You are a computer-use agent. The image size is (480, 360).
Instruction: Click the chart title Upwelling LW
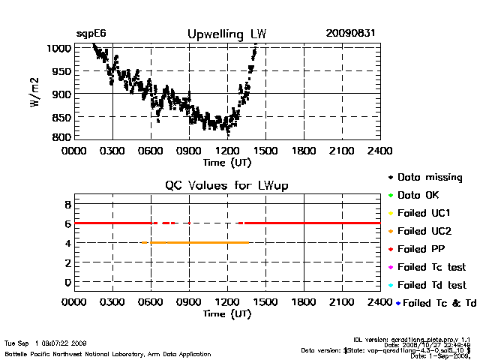point(226,34)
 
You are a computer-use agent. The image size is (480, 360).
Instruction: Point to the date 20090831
point(350,34)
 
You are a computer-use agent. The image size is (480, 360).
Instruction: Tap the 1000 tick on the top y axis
point(59,48)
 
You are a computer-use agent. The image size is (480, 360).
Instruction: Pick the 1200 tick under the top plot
point(227,151)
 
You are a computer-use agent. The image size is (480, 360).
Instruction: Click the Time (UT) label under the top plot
point(227,162)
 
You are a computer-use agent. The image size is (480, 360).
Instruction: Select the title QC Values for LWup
point(227,185)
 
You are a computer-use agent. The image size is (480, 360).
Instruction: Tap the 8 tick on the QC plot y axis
point(67,204)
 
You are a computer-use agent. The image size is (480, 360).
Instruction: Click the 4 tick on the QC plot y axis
point(67,243)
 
